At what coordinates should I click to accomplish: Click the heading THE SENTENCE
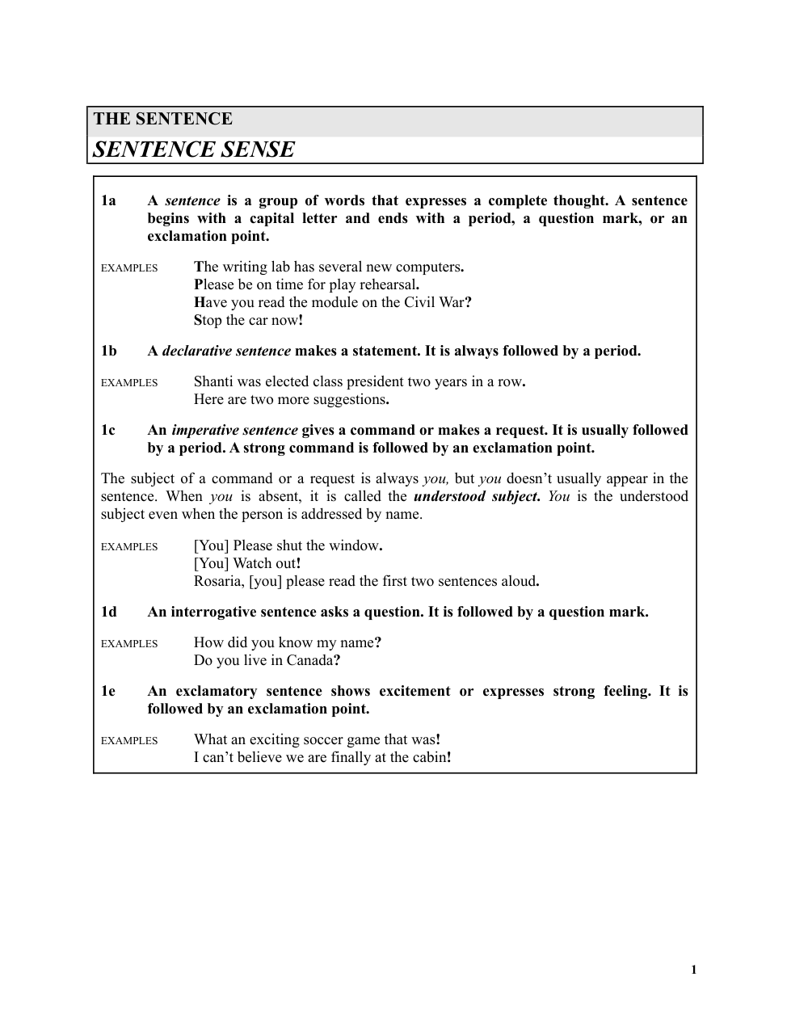(162, 119)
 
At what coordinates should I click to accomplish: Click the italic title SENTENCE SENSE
(194, 149)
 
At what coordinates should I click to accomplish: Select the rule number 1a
(108, 200)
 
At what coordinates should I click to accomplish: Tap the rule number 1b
(108, 351)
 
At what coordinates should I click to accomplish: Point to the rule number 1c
(108, 430)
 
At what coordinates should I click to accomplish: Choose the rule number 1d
(108, 612)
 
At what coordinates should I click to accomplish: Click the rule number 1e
(108, 691)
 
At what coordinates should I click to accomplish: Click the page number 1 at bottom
(693, 970)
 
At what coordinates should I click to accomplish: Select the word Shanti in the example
(213, 381)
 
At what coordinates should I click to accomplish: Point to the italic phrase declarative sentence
(226, 351)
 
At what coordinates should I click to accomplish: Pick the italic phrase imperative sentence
(234, 430)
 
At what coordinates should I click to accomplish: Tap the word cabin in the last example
(427, 757)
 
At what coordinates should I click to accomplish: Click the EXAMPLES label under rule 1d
(129, 644)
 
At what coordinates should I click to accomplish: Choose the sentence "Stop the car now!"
(249, 320)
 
